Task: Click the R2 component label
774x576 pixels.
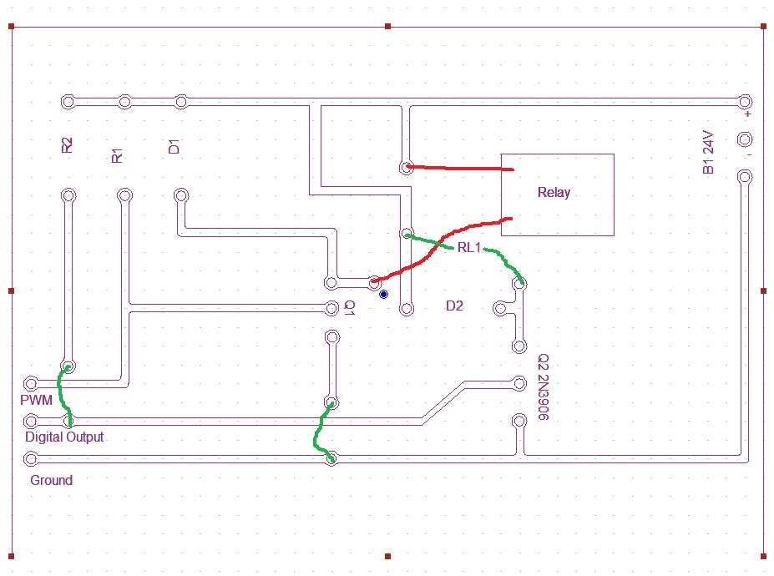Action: click(x=68, y=145)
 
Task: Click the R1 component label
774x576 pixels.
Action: click(x=118, y=154)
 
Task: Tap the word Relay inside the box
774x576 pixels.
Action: click(x=554, y=192)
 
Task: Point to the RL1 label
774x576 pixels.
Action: click(x=469, y=248)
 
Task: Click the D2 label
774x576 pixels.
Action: click(x=454, y=306)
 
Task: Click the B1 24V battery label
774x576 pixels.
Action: click(x=708, y=152)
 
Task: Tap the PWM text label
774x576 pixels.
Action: click(x=37, y=401)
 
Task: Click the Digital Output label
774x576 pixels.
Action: click(x=64, y=437)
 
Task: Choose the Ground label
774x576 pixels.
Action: click(x=51, y=480)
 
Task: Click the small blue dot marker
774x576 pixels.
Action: click(x=383, y=295)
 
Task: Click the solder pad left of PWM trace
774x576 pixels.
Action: click(x=31, y=383)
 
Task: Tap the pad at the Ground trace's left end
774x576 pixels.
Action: click(x=31, y=458)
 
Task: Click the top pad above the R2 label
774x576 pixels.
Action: click(x=68, y=102)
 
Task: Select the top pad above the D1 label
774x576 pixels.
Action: click(x=180, y=102)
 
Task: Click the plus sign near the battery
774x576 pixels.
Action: click(x=748, y=114)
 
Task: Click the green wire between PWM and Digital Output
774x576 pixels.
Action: click(x=62, y=392)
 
